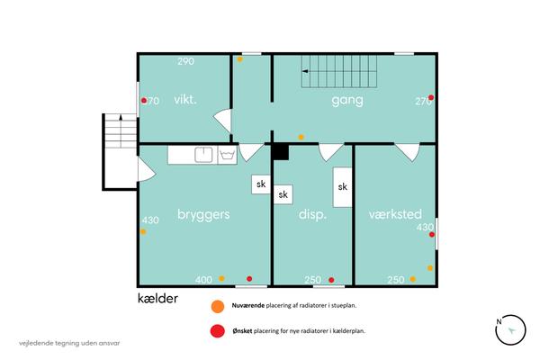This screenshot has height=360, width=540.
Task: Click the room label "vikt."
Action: tap(185, 100)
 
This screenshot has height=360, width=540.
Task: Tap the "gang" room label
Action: tap(347, 101)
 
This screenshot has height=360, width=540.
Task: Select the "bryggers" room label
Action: tap(203, 214)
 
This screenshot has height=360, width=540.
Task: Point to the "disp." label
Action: tap(312, 214)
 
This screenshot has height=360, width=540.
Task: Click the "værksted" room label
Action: tap(395, 214)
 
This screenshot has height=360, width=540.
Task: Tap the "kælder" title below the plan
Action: tap(157, 298)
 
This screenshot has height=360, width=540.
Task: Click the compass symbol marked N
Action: tap(510, 329)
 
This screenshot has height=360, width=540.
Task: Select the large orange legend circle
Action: tap(218, 306)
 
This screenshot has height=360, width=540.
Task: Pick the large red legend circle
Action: tap(218, 331)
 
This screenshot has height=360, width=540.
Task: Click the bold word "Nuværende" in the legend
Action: tap(248, 305)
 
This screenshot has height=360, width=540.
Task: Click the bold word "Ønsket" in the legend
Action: tap(242, 331)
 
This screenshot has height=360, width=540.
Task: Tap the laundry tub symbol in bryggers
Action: tap(228, 155)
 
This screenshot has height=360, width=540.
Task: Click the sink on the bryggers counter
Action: tap(203, 155)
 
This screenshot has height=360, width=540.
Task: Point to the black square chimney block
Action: tap(281, 152)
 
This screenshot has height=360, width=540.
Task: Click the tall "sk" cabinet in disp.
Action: tap(342, 187)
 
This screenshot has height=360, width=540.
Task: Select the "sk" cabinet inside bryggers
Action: tap(261, 184)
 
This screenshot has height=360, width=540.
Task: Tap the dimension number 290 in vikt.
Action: tap(186, 61)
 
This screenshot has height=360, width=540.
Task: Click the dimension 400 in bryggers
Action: tap(203, 280)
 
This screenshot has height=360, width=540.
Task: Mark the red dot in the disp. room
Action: tap(331, 280)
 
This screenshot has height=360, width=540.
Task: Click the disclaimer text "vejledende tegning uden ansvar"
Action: tap(69, 343)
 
